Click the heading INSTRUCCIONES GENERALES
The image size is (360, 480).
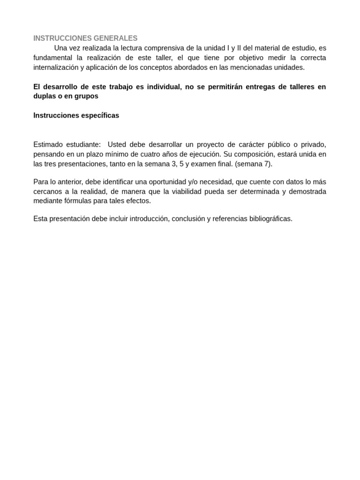coord(85,38)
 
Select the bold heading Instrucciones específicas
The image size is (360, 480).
coord(76,115)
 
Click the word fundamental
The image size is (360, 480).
coord(53,58)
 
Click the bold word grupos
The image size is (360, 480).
coord(86,96)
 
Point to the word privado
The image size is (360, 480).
coord(313,144)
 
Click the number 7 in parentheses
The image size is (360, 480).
coord(266,164)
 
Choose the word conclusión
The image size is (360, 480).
coord(188,219)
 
